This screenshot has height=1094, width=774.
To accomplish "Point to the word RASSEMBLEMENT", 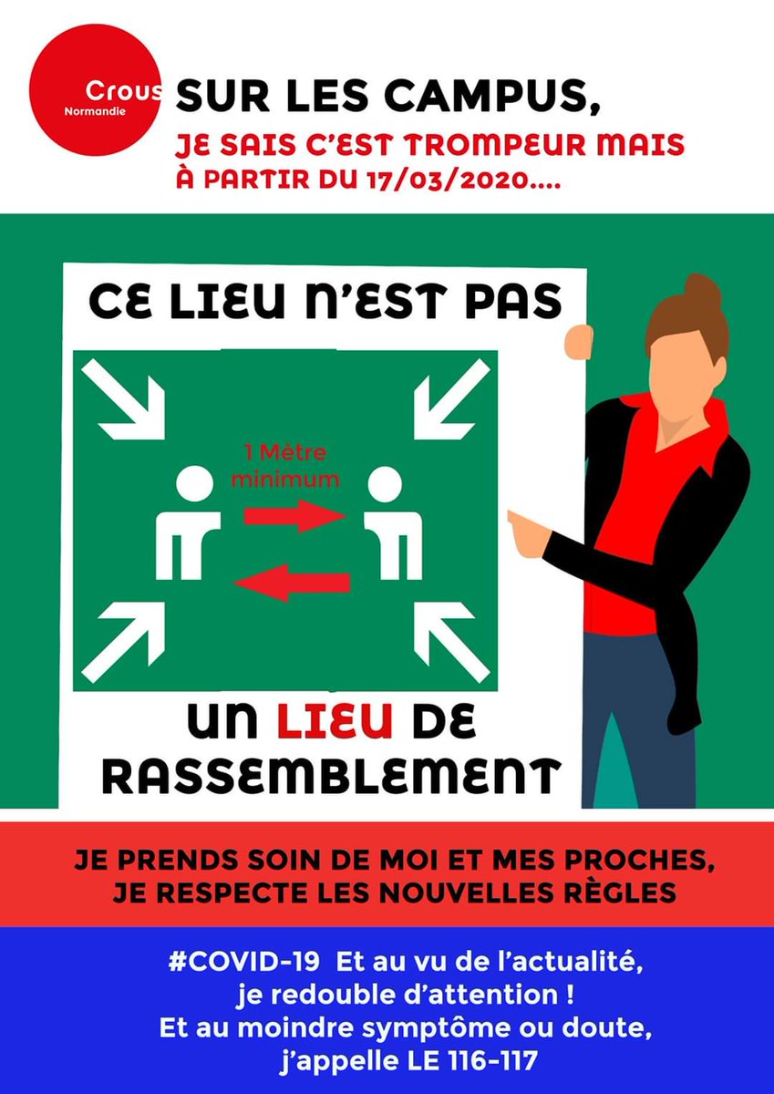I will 328,776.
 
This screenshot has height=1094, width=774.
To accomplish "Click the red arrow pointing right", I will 294,515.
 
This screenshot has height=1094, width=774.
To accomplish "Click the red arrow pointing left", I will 292,582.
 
